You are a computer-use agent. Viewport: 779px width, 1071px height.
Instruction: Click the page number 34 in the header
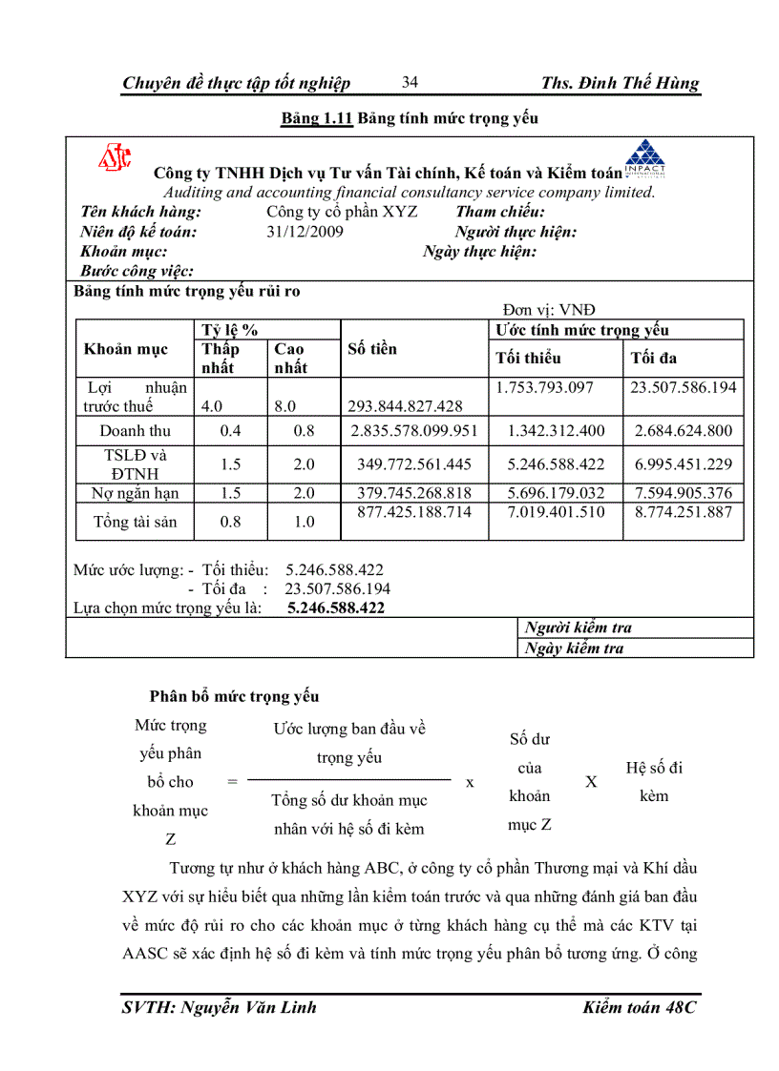(410, 82)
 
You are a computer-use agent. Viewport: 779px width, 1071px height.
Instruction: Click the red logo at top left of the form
(115, 158)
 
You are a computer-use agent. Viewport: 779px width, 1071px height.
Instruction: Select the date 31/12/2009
(305, 232)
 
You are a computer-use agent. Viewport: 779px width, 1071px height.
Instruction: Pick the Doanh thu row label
(135, 431)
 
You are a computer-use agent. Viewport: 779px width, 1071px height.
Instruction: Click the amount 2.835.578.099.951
(414, 431)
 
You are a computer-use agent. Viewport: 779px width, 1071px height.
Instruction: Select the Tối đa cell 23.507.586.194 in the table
(684, 387)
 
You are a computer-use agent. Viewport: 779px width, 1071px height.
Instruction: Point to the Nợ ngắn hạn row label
(135, 493)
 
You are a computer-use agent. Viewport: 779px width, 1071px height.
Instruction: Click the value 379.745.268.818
(414, 493)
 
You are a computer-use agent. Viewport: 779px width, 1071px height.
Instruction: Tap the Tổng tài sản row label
(135, 522)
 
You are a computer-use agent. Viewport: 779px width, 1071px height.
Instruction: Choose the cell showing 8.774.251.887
(684, 512)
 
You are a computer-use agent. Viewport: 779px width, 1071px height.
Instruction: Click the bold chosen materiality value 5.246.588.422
(335, 608)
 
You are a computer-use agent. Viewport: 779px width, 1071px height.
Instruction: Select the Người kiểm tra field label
(578, 628)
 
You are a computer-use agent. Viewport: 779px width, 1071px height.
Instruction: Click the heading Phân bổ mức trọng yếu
(234, 697)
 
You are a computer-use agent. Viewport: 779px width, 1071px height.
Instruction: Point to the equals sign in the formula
(232, 782)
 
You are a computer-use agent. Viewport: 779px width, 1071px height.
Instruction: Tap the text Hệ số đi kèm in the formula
(654, 781)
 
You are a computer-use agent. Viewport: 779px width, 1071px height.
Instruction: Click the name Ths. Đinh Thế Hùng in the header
(620, 83)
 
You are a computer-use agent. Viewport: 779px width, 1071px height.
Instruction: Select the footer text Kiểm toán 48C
(639, 1007)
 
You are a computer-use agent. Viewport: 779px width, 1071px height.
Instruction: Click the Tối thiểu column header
(528, 359)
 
